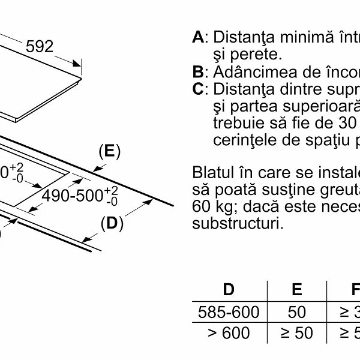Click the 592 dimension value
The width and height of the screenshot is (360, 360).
point(40,46)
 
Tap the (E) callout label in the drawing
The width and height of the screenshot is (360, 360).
point(109,151)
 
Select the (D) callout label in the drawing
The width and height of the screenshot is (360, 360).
point(111,224)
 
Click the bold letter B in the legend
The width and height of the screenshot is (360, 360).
point(198,72)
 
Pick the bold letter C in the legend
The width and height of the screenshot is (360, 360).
point(198,89)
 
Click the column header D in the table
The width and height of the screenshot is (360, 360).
point(229,290)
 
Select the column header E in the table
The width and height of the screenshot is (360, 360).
point(296,290)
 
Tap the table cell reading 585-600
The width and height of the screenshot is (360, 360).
point(229,312)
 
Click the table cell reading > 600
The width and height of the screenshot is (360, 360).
point(229,334)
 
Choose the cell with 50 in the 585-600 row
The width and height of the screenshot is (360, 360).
point(296,312)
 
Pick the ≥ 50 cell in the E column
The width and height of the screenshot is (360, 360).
point(296,334)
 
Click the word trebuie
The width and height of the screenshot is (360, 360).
point(235,124)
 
